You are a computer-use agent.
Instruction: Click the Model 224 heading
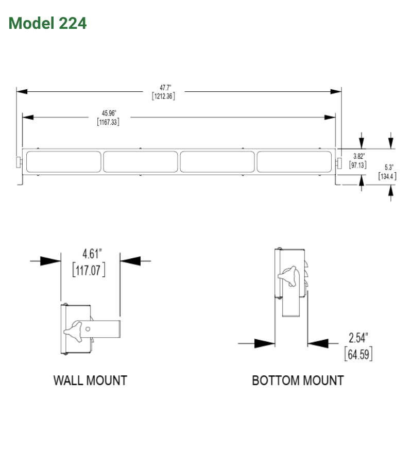pyautogui.click(x=47, y=23)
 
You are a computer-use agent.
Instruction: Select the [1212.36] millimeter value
pyautogui.click(x=163, y=96)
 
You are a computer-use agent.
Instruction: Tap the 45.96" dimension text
pyautogui.click(x=108, y=113)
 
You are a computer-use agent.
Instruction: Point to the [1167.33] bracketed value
pyautogui.click(x=108, y=122)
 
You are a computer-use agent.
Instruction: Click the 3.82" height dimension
pyautogui.click(x=358, y=156)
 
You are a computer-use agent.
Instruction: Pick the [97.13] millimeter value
pyautogui.click(x=358, y=165)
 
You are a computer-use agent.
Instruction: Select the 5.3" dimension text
pyautogui.click(x=389, y=167)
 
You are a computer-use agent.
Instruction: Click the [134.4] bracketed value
pyautogui.click(x=387, y=176)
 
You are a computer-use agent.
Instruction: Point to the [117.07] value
pyautogui.click(x=89, y=270)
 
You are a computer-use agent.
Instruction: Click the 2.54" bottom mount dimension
pyautogui.click(x=358, y=338)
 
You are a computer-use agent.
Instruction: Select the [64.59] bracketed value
pyautogui.click(x=358, y=355)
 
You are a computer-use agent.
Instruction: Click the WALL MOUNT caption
pyautogui.click(x=90, y=380)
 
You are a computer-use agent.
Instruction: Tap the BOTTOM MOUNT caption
pyautogui.click(x=298, y=380)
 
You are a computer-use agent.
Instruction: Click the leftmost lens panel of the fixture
pyautogui.click(x=63, y=161)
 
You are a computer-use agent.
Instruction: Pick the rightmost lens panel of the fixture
pyautogui.click(x=294, y=161)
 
